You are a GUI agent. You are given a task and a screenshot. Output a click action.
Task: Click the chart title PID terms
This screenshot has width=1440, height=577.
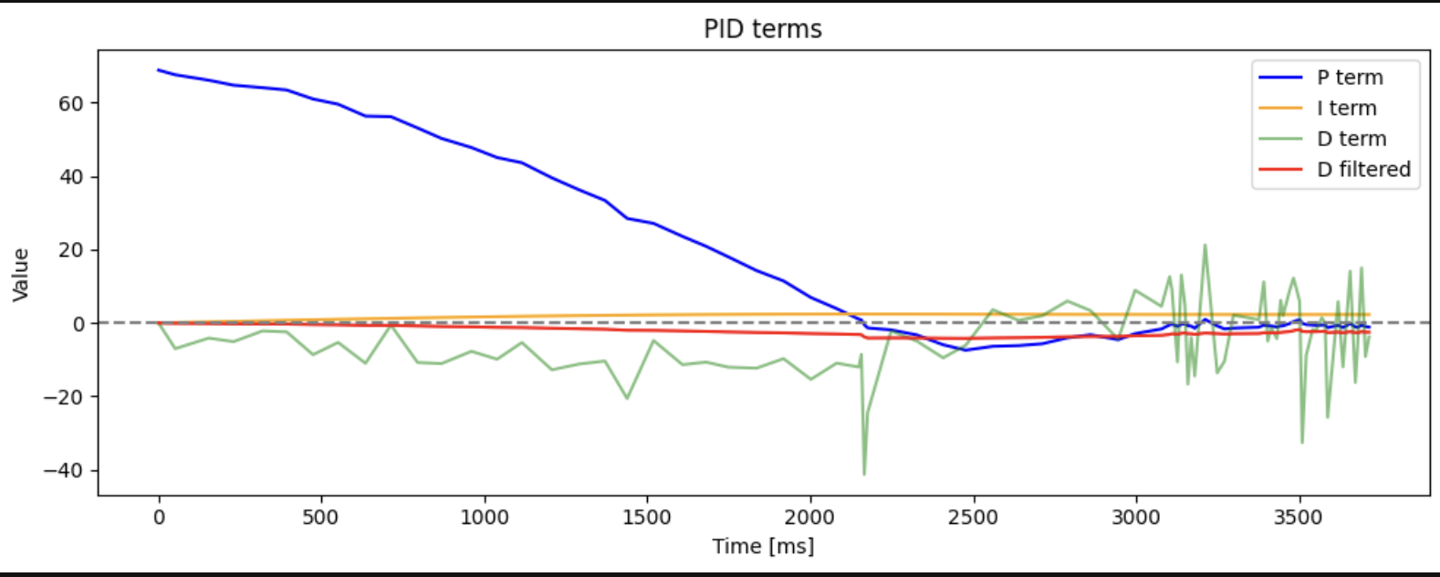762,29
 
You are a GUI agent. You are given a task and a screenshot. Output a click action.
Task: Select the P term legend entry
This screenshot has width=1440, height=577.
1349,78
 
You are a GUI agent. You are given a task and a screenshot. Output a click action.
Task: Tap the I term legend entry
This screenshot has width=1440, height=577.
1346,108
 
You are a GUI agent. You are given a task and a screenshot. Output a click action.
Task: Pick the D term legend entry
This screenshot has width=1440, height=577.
1351,139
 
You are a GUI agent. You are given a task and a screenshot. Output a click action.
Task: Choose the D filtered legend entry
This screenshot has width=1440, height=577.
1363,169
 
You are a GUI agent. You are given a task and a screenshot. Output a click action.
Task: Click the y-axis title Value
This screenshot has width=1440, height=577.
21,274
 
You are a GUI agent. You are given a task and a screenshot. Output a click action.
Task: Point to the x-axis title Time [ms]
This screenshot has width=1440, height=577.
763,546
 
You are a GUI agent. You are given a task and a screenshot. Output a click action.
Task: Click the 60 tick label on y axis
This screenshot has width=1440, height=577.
71,103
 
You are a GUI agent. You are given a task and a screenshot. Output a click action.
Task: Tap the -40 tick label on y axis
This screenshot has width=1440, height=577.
65,471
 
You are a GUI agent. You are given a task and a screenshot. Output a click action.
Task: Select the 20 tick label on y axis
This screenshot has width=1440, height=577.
71,250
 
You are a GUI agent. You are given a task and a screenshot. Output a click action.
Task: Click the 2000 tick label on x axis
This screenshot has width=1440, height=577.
810,518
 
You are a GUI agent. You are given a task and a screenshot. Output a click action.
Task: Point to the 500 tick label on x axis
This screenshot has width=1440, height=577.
320,518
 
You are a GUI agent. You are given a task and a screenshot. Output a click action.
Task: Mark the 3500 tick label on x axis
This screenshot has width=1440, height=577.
1299,518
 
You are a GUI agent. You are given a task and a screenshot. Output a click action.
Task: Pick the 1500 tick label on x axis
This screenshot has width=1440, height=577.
647,518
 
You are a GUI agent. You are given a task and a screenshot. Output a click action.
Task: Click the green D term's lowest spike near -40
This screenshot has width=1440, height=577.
864,474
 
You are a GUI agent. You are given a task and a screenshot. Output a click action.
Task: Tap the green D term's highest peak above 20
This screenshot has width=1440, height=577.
1205,245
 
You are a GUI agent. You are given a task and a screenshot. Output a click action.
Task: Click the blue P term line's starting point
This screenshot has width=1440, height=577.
159,69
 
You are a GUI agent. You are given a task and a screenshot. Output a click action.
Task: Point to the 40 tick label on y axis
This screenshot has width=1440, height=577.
71,177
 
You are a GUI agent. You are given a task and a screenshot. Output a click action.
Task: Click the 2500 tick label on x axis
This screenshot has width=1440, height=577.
973,518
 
